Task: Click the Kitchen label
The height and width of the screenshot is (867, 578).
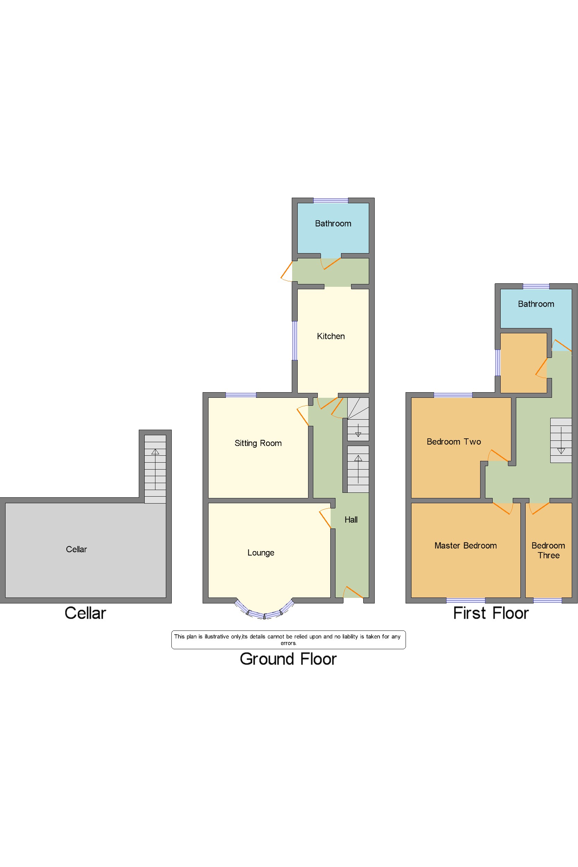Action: [x=331, y=336]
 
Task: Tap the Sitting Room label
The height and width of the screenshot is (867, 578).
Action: [x=258, y=443]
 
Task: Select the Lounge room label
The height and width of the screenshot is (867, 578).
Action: [x=261, y=552]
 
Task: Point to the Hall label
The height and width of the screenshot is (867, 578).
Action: [x=351, y=520]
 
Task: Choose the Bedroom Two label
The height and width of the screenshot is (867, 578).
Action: [x=454, y=441]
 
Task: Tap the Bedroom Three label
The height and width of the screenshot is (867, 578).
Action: [x=548, y=550]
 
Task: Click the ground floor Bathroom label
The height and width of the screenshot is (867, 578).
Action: [x=333, y=223]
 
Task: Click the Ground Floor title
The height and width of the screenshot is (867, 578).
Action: [x=288, y=659]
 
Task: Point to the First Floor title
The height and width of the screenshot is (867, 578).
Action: [x=491, y=613]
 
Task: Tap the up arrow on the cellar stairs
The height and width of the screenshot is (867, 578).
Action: [x=155, y=452]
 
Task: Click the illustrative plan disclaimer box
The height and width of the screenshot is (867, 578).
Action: [x=288, y=639]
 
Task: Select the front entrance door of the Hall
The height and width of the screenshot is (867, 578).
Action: [x=353, y=592]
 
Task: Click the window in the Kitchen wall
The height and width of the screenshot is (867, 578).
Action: [x=295, y=341]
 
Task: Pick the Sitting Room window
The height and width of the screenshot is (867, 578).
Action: [x=241, y=395]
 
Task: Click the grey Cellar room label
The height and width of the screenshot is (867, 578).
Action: [x=76, y=549]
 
